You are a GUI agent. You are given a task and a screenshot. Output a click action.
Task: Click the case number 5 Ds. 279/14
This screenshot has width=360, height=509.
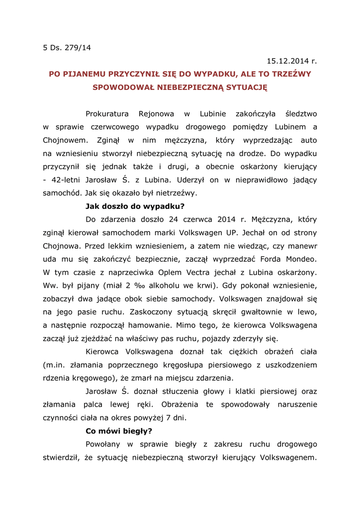pyautogui.click(x=67, y=48)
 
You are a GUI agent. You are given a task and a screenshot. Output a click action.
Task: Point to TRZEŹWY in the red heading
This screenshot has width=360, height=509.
pyautogui.click(x=291, y=74)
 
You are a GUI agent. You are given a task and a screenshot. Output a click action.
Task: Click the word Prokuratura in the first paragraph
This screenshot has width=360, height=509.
pyautogui.click(x=107, y=114)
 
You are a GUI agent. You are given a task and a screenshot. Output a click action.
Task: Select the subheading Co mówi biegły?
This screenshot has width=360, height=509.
pyautogui.click(x=119, y=431)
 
